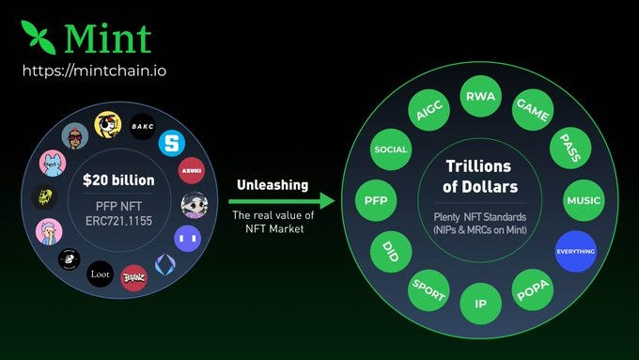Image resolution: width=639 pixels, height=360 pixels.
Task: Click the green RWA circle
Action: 481,96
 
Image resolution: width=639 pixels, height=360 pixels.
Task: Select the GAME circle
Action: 531,109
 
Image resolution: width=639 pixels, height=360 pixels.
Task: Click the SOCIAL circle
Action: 390,149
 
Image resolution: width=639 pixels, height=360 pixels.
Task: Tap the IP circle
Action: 480,304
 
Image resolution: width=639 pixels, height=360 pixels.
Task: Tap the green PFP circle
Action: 375,200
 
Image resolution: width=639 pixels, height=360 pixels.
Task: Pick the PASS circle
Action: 569,149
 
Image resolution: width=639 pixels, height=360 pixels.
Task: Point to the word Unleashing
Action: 273,185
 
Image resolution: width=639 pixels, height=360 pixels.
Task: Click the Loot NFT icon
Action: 100,274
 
